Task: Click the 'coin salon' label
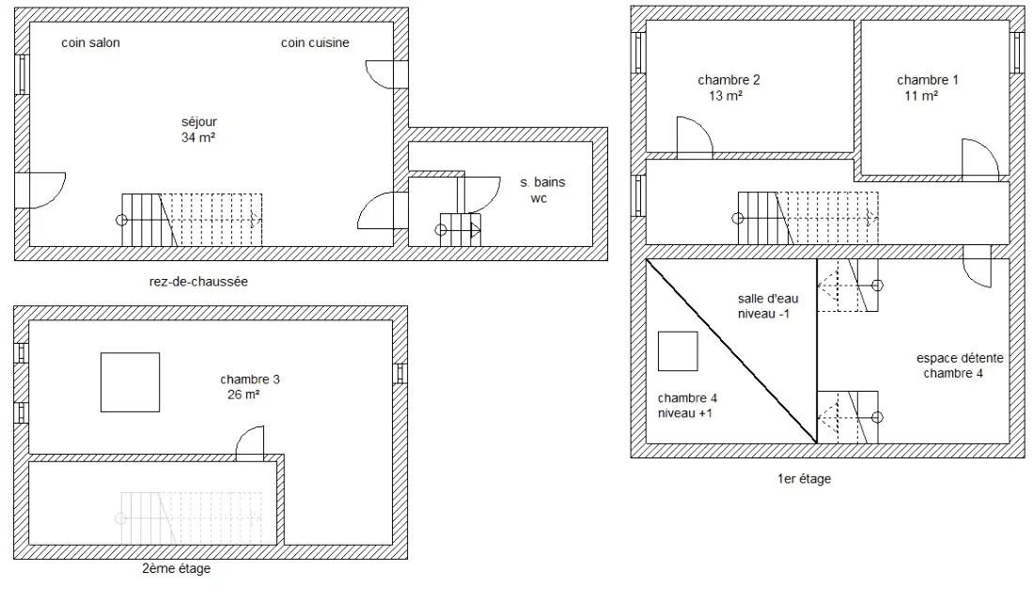click(x=90, y=43)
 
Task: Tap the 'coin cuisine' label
click(x=315, y=43)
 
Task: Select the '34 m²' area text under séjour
click(x=198, y=138)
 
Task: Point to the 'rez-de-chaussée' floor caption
click(x=198, y=282)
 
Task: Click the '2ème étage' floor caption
click(x=176, y=568)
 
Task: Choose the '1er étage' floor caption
click(x=804, y=479)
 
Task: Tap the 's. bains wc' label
click(x=542, y=191)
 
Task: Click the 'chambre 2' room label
click(x=728, y=80)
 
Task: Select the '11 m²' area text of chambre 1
click(x=921, y=96)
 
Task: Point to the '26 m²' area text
click(x=243, y=395)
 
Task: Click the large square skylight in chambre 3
click(x=130, y=382)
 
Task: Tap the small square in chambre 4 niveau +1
click(x=678, y=351)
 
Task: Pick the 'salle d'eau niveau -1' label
click(x=768, y=306)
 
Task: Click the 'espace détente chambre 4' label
click(x=960, y=365)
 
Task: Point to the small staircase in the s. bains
click(x=460, y=230)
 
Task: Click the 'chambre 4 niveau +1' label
click(x=687, y=406)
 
